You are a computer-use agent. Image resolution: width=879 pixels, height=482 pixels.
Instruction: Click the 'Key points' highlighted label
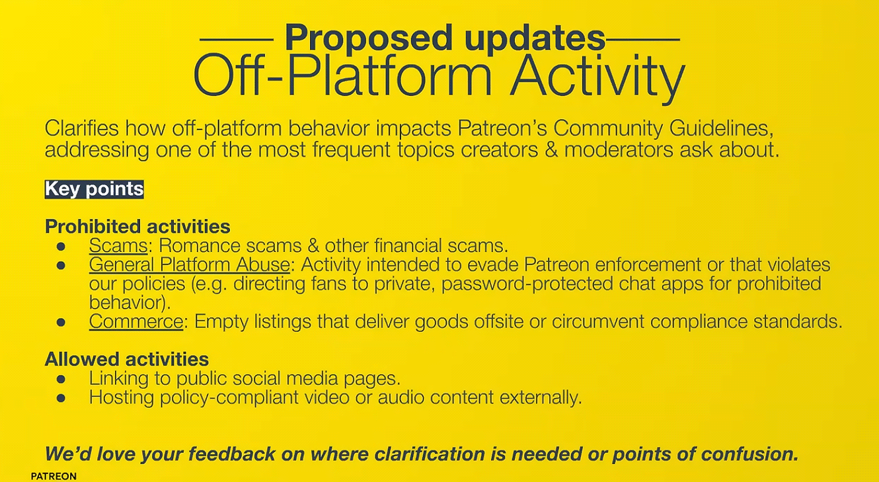coord(94,189)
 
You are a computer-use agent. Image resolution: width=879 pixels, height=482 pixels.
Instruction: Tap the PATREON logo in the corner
coord(54,476)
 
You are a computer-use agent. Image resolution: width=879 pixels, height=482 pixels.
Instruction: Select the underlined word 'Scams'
coord(118,246)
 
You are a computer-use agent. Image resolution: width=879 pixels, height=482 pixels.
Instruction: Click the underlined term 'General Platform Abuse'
coord(189,264)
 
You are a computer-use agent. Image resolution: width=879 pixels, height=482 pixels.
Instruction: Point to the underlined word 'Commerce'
coord(135,321)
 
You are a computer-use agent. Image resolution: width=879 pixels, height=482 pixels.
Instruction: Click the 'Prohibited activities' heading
coord(137,227)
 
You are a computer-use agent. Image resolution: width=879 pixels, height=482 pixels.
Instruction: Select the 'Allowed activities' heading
coord(127,359)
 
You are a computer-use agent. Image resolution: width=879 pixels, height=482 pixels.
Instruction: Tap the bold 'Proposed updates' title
coord(445,38)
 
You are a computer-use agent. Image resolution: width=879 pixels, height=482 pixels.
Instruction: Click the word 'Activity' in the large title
coord(597,77)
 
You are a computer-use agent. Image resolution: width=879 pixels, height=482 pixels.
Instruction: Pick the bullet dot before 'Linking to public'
coord(61,379)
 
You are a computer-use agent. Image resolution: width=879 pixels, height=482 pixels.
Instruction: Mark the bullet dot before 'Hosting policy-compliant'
coord(61,398)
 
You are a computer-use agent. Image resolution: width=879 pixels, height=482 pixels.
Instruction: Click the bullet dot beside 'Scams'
coord(61,247)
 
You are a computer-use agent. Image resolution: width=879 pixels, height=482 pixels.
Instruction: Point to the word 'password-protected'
coord(527,284)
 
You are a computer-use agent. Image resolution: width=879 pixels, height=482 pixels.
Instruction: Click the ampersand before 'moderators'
coord(551,150)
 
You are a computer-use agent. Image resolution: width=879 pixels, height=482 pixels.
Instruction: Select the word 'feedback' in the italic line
coord(232,454)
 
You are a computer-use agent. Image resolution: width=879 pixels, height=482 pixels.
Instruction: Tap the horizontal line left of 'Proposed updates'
coord(237,39)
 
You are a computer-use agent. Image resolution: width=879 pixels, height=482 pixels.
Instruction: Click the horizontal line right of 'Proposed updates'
coord(643,39)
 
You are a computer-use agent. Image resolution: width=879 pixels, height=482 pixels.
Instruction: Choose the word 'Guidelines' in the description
coord(722,128)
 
